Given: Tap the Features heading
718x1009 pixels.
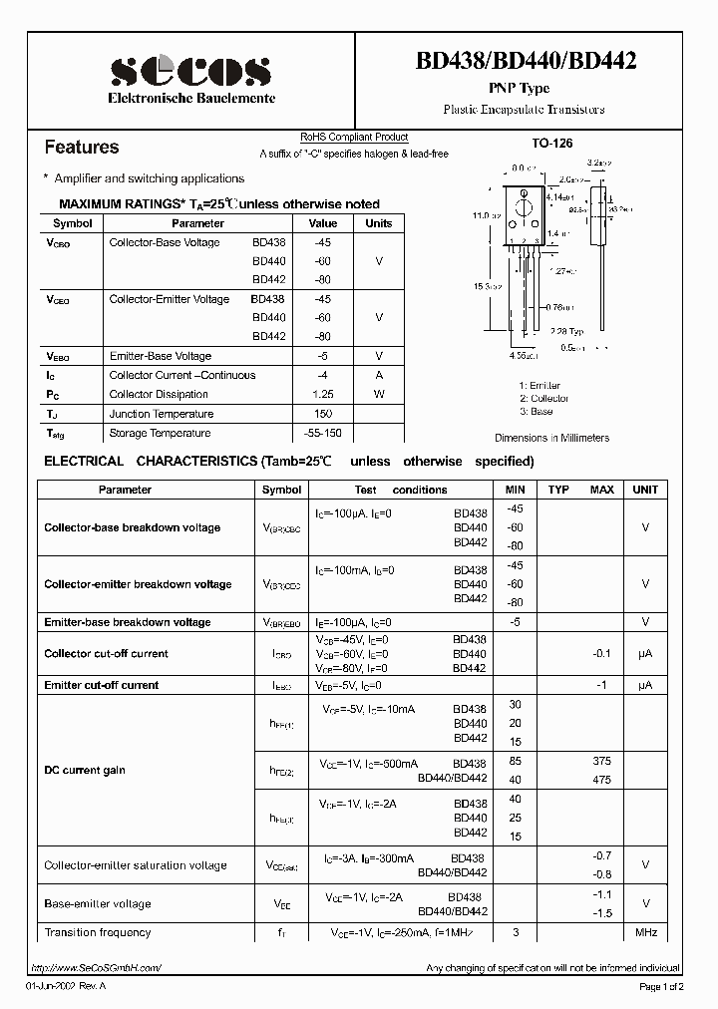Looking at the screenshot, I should pos(82,148).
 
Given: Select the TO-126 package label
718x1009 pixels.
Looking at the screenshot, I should pos(551,144).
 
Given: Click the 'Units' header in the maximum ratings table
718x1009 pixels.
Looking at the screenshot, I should pos(379,223).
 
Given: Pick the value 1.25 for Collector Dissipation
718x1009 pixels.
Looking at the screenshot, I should pos(322,394).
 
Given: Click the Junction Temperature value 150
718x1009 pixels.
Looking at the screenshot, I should pos(322,414).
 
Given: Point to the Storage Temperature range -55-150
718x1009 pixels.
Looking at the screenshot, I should pos(322,433).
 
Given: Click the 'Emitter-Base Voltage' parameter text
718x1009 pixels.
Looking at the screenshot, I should pos(160,356).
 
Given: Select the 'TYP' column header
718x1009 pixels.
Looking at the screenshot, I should pos(558,490).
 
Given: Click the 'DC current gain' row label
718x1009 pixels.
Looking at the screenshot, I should pos(85,770).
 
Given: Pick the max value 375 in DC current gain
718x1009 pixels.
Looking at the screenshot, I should pos(601,761).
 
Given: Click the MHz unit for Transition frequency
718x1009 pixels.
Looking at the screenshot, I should pos(645,932).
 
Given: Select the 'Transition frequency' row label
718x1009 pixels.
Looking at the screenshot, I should pos(98,932).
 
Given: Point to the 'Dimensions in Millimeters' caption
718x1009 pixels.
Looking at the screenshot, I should pos(551,438).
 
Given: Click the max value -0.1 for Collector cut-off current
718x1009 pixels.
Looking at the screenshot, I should pos(601,653).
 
